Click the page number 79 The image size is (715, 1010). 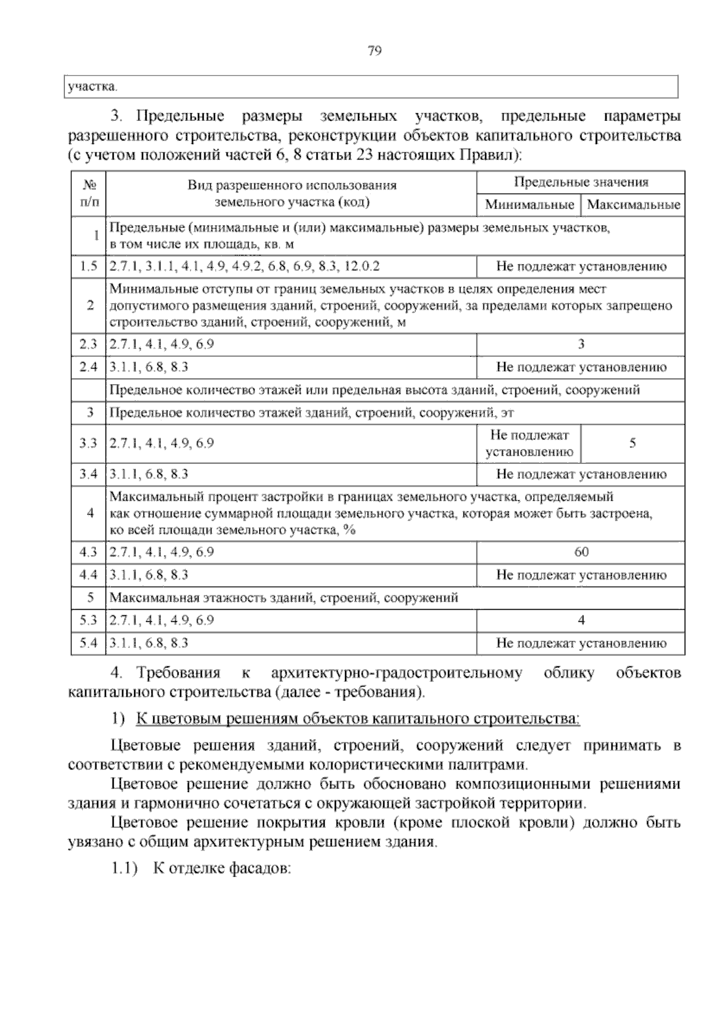coord(375,51)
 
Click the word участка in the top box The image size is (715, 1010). coord(91,87)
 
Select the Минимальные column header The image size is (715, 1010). coord(529,205)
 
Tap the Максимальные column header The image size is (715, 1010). coord(633,205)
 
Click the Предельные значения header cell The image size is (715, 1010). coord(581,182)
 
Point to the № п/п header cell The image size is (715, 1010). coord(89,194)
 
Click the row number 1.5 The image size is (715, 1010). coord(89,266)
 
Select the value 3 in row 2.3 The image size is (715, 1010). coord(581,344)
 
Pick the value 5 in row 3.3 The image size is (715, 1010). coord(633,443)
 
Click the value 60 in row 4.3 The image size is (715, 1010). coord(581,552)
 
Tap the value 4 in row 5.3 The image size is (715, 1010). coord(581,621)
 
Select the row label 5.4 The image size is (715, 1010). coord(89,643)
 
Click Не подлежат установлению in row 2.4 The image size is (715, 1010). coord(581,367)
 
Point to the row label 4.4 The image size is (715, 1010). coord(89,575)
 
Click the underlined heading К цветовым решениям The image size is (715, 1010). coord(357,719)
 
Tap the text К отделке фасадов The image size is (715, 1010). coord(222,868)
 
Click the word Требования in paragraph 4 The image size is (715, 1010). coord(178,674)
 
